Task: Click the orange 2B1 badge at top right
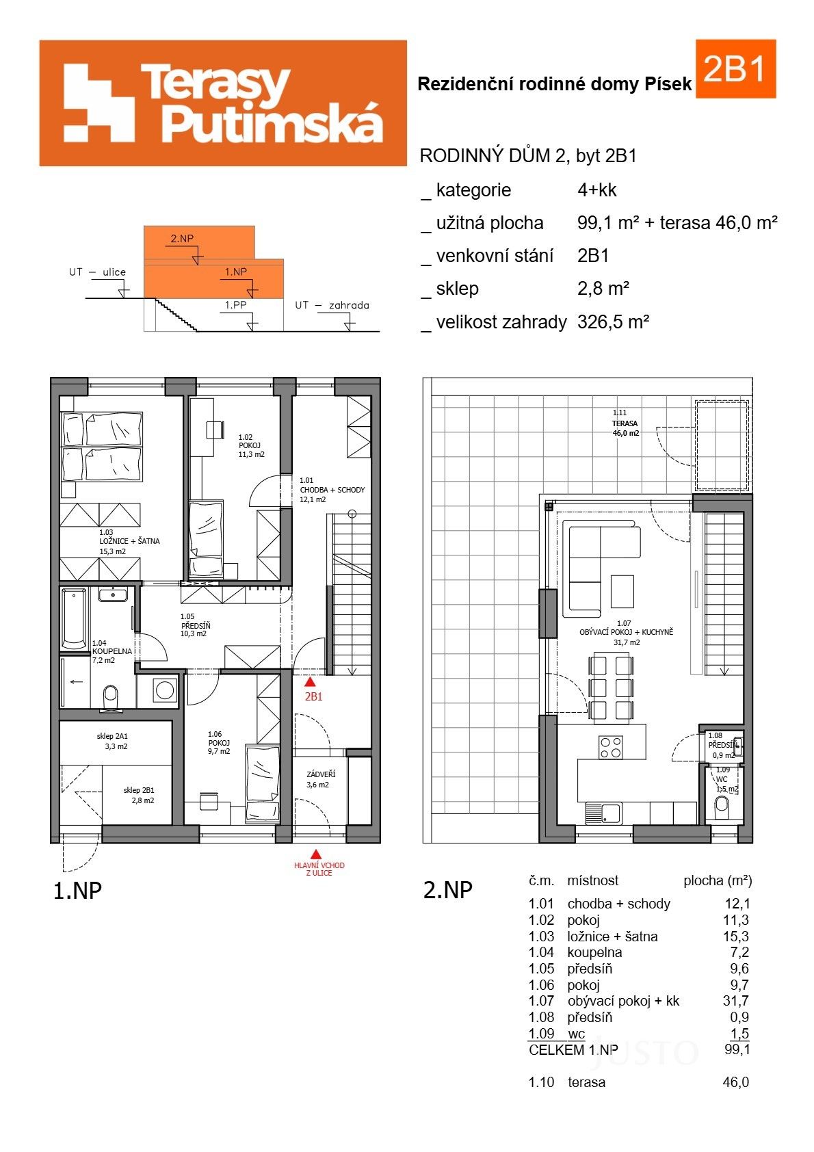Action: (x=735, y=68)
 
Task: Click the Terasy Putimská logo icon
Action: (x=99, y=103)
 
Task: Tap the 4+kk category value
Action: (x=596, y=190)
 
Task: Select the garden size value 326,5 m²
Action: (x=613, y=322)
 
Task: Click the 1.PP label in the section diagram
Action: (x=235, y=305)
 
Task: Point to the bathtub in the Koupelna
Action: (x=74, y=618)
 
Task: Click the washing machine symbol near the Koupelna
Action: (x=164, y=690)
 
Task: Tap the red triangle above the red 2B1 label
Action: (x=311, y=681)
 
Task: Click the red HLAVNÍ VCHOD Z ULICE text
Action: (x=319, y=869)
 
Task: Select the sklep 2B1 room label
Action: (x=139, y=795)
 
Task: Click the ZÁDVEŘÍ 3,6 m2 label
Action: (x=317, y=779)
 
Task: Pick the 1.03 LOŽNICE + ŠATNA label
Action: (x=123, y=541)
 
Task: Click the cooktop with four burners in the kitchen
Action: (x=611, y=747)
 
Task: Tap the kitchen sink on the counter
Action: (x=603, y=813)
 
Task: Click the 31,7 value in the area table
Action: (x=736, y=1001)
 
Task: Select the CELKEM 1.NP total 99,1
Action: (x=737, y=1049)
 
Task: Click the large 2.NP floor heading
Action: (x=448, y=890)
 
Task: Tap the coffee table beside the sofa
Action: (x=622, y=591)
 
